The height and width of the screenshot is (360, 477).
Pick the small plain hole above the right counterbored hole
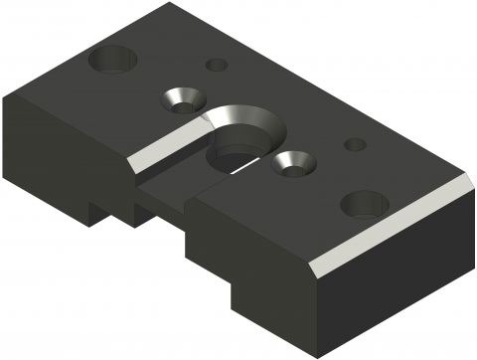[355, 145]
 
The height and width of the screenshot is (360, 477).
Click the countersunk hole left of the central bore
[180, 97]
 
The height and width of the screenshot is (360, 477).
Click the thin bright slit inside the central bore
[243, 169]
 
